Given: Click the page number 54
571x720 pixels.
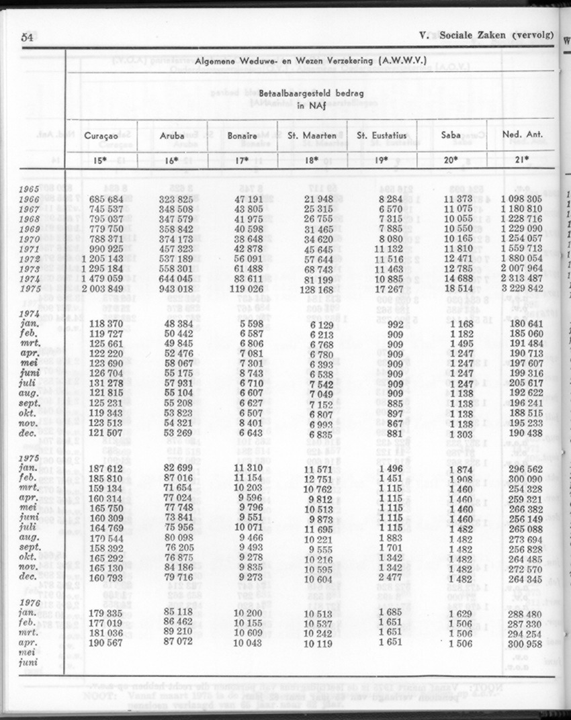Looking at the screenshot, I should pos(28,38).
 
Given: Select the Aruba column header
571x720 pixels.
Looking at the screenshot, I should pos(172,135).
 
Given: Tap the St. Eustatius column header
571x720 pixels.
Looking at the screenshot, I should pos(382,135).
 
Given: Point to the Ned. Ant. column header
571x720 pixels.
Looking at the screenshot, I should pos(522,135).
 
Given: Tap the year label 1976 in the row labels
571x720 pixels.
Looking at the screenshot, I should pos(30,602).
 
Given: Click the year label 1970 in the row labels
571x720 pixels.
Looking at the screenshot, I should pos(30,238).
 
